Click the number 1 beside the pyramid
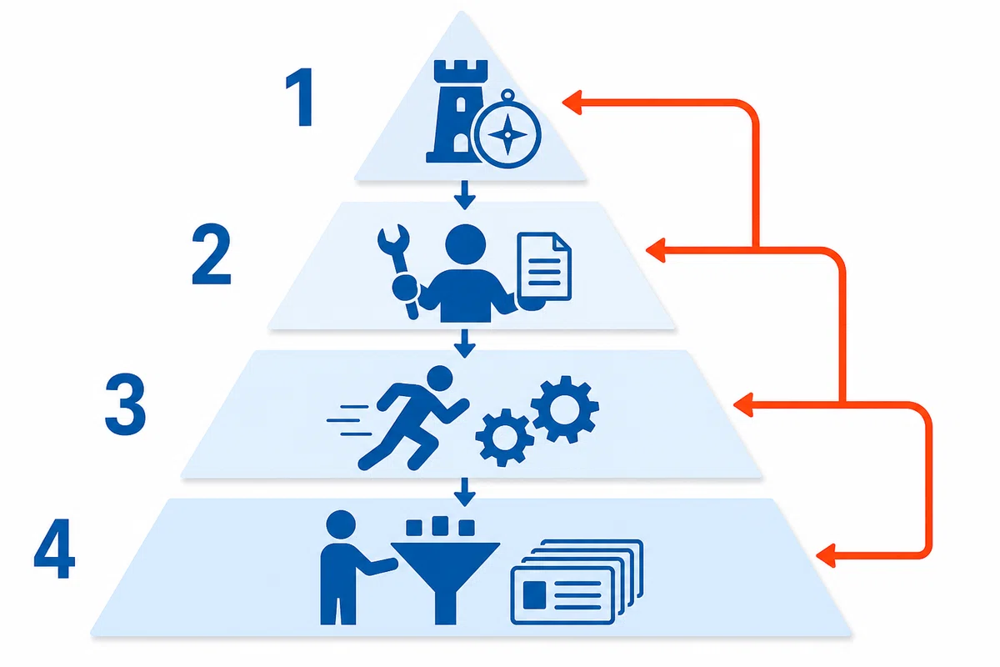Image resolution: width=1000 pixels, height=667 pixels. coord(300,97)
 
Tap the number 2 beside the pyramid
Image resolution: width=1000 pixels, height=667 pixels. coord(211,254)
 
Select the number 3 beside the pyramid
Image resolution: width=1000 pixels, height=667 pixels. coord(125,404)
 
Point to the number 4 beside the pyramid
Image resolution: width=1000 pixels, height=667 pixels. coord(54,548)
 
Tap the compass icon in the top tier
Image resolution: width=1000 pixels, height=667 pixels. coord(507,129)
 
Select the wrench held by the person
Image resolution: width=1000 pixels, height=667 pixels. coord(399,272)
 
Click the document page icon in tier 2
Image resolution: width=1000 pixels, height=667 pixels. coord(544,266)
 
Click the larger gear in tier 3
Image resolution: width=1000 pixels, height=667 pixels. coord(565,409)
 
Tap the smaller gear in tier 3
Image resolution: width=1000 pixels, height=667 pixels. coord(504,438)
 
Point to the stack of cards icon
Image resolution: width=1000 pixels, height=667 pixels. coord(577,582)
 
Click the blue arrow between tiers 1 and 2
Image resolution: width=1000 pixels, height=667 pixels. coord(465,195)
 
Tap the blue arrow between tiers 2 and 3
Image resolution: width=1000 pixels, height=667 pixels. coord(465,344)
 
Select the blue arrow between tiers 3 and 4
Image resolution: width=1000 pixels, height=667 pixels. coord(465,492)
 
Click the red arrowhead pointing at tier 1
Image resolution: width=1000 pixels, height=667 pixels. coord(572,103)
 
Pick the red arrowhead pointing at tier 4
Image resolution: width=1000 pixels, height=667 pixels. coord(826,556)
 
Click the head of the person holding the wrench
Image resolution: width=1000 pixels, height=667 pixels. coord(466,244)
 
